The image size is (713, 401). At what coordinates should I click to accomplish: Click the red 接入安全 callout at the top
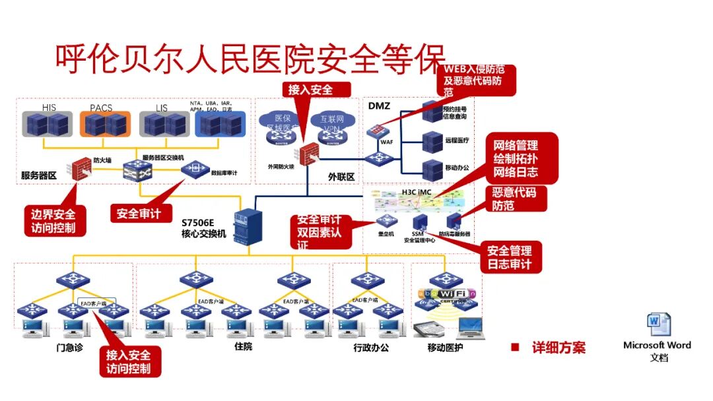(x=310, y=89)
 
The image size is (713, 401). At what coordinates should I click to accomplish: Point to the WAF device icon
(x=378, y=131)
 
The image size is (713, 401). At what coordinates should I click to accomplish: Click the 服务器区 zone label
(x=39, y=175)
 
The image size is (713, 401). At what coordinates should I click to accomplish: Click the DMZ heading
(x=379, y=106)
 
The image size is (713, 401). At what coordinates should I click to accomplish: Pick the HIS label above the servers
(x=49, y=107)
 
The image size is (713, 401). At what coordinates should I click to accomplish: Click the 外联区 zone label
(x=341, y=176)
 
